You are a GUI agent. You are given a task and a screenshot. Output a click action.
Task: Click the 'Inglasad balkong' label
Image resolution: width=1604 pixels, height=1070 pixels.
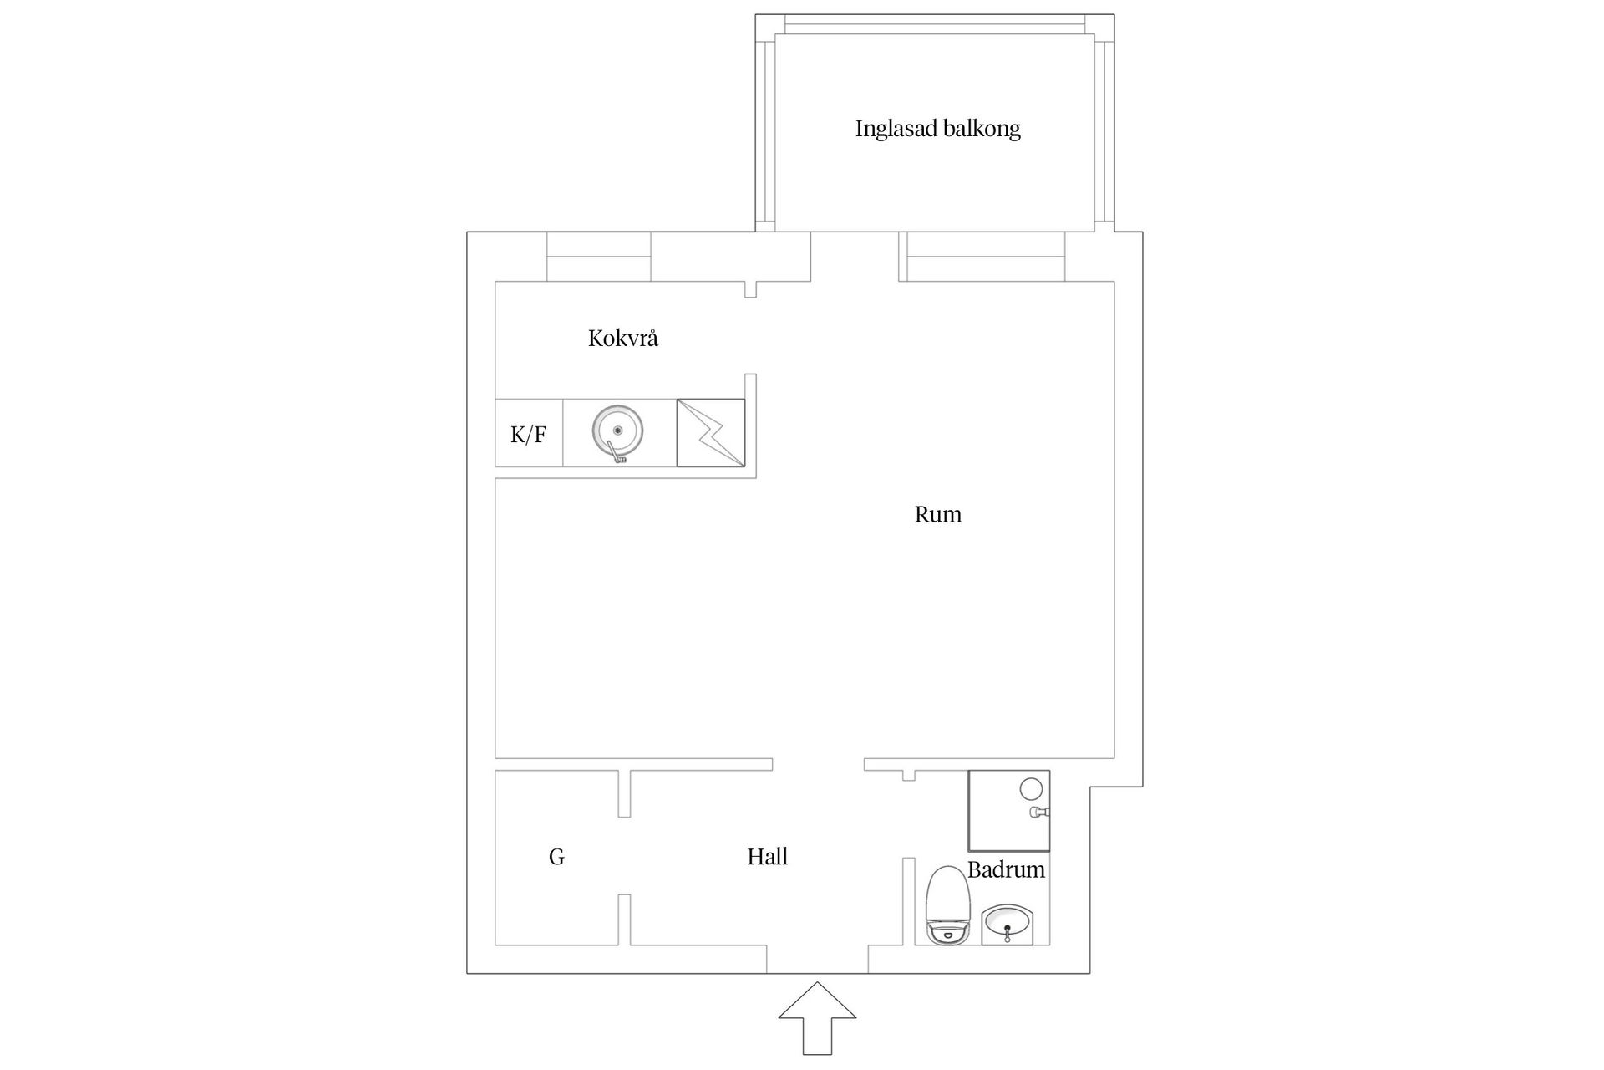(937, 129)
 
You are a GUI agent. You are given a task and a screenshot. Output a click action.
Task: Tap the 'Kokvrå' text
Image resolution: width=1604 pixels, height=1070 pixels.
(623, 338)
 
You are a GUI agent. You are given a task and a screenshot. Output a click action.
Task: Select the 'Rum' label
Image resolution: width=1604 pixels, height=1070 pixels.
(937, 514)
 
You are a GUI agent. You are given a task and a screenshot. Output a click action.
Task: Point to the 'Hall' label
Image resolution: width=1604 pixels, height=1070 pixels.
(767, 856)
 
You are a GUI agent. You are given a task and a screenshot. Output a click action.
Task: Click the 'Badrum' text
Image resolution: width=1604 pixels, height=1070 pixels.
(1006, 869)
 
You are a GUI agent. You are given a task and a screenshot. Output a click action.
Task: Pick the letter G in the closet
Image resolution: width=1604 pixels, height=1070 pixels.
(556, 857)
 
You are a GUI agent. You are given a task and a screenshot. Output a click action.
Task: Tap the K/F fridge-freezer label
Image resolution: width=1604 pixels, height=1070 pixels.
(529, 434)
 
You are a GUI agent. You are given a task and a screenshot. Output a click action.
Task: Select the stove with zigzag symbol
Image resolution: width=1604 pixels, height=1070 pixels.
(710, 432)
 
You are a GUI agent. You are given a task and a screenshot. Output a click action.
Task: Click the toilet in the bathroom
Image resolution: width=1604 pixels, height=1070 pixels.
(947, 906)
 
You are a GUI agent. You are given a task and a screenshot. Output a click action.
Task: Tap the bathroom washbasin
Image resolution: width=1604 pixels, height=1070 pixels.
(1008, 925)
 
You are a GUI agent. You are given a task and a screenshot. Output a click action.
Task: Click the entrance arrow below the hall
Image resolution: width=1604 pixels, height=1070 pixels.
(817, 1018)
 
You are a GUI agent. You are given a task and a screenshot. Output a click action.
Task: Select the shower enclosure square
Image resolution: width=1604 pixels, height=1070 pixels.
(1008, 811)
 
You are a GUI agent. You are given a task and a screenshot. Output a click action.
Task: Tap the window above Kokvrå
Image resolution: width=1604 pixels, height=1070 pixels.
(599, 257)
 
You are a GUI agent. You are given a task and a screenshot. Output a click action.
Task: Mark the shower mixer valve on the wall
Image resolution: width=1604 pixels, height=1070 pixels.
(1039, 812)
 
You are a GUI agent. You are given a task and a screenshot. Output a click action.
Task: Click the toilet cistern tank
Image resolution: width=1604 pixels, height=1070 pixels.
(947, 933)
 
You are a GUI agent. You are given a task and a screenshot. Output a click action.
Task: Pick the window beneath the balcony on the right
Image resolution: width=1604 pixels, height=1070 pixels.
(982, 257)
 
